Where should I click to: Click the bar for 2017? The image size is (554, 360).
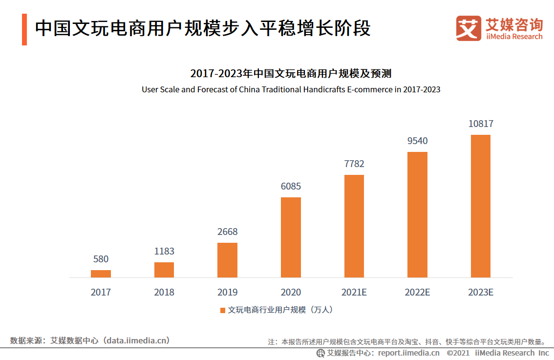[x=101, y=274]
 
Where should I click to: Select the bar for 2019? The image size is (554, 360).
[x=227, y=260]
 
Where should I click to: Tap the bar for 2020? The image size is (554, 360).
[x=291, y=237]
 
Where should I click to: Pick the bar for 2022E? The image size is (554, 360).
[x=417, y=214]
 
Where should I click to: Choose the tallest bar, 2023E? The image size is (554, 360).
[x=480, y=206]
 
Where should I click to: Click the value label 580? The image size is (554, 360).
[x=101, y=259]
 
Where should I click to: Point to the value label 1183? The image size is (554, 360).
[x=164, y=251]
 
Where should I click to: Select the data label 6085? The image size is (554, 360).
[x=291, y=186]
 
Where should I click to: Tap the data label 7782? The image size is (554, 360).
[x=354, y=164]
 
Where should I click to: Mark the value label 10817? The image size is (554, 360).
[x=480, y=124]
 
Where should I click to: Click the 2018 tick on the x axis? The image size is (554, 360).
[x=164, y=292]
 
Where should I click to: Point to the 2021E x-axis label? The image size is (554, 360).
[x=354, y=292]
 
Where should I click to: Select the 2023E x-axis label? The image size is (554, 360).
[x=480, y=292]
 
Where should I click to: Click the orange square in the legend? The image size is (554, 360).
[x=223, y=310]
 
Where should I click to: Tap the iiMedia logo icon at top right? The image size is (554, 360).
[x=469, y=28]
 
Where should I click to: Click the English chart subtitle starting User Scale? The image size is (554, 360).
[x=291, y=89]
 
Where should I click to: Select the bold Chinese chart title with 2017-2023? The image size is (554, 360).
[x=291, y=74]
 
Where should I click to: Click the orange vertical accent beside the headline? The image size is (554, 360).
[x=24, y=29]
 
